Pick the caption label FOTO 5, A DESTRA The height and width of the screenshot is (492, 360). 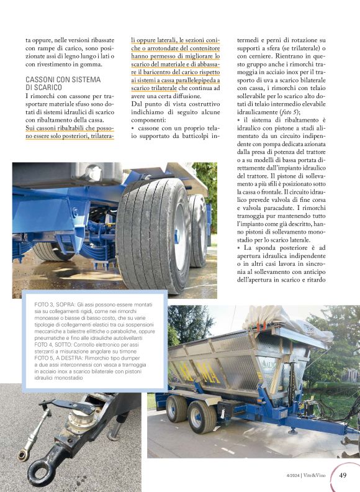60,358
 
